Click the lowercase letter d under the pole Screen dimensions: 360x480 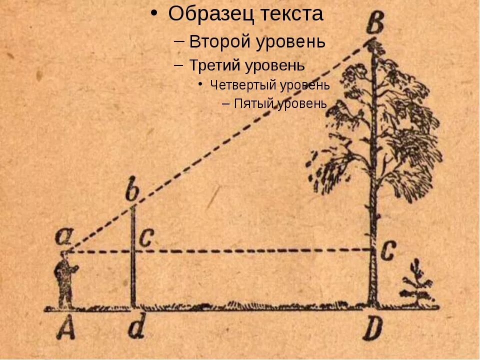pos(133,328)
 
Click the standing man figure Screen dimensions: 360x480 pos(64,280)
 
